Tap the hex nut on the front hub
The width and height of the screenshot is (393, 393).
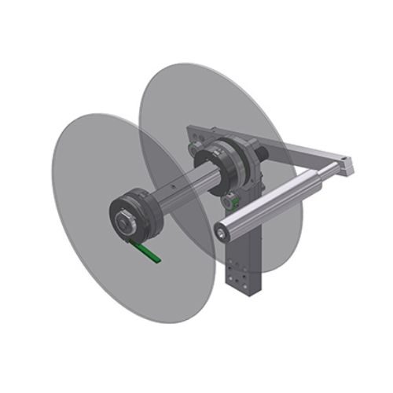123,222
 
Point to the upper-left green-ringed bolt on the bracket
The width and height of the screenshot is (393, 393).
193,146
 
